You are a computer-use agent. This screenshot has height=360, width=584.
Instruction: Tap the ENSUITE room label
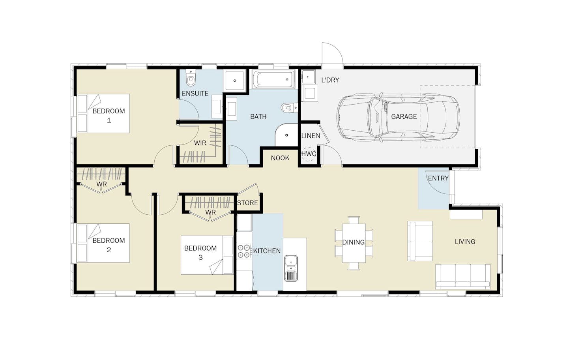[195, 94]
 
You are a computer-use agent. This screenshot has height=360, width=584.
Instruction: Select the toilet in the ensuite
[191, 78]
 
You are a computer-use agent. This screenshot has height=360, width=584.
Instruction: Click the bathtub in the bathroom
[274, 79]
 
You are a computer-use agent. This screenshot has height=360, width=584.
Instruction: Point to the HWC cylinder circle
[309, 154]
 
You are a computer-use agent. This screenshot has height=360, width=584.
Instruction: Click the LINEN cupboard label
[311, 136]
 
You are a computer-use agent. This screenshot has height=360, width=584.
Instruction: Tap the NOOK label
[280, 158]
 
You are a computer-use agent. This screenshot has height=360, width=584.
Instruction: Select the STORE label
[247, 202]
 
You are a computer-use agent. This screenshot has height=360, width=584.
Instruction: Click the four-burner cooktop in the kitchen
[244, 251]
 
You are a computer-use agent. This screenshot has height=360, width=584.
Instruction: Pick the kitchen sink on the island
[291, 268]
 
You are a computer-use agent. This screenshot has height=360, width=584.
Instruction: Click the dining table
[354, 243]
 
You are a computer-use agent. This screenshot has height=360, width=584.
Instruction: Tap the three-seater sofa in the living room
[463, 277]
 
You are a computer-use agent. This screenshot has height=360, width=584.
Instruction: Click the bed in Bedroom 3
[207, 255]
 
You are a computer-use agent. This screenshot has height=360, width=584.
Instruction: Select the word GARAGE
[404, 116]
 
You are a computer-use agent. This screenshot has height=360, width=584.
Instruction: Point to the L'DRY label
[330, 80]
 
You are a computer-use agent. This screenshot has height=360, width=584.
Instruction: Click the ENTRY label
[438, 178]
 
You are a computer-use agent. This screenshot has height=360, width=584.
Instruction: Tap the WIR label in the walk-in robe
[200, 143]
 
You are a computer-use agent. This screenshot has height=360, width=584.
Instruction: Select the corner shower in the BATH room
[286, 135]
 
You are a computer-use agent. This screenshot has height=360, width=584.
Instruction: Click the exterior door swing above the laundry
[332, 53]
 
